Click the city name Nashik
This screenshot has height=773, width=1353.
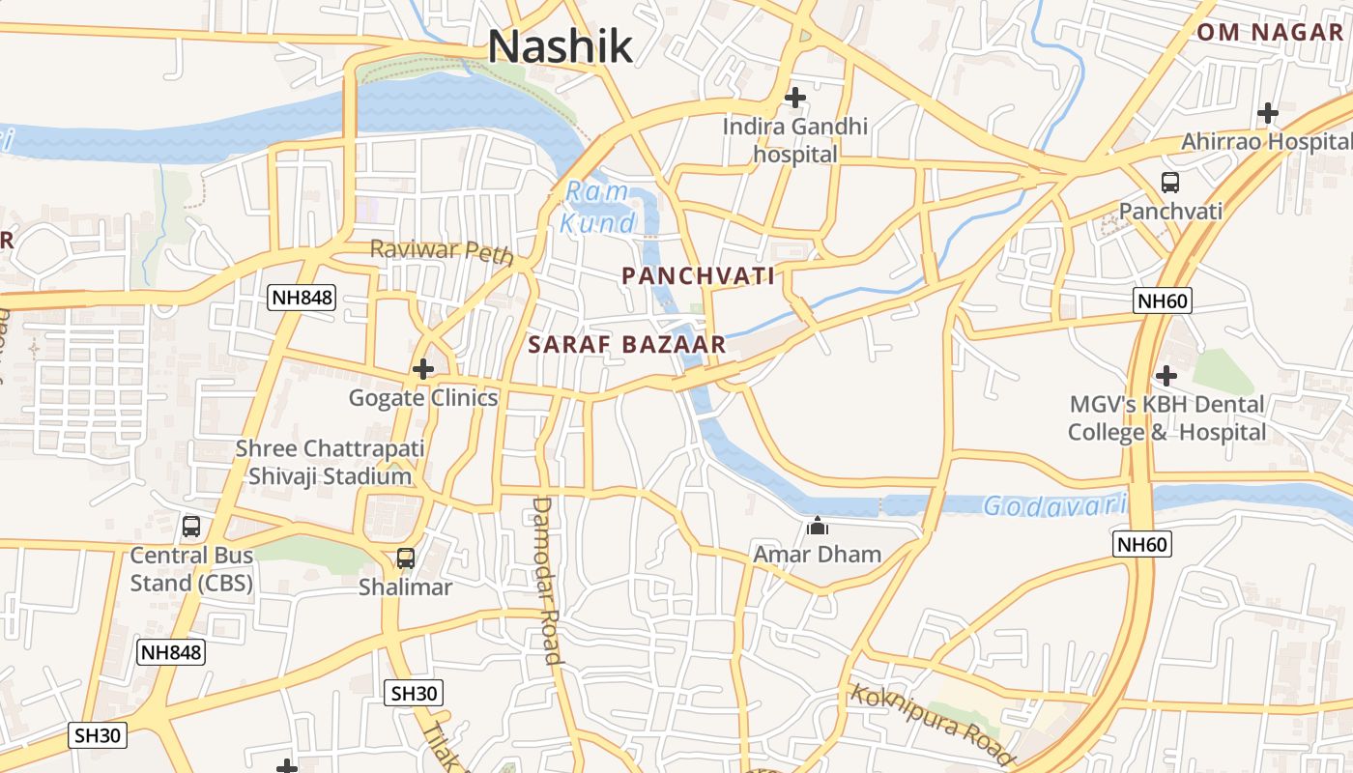tap(561, 46)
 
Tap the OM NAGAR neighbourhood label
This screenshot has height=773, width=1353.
tap(1270, 32)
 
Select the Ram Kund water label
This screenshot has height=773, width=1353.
tap(599, 208)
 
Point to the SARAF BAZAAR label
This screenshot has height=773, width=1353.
tap(626, 345)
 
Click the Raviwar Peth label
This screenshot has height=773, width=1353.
tap(441, 251)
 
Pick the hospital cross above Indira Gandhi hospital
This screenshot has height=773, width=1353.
tap(795, 98)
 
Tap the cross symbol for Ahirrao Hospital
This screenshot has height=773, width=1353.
tap(1268, 113)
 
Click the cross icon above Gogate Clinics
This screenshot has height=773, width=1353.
tap(422, 369)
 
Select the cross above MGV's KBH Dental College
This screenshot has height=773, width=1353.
tap(1166, 375)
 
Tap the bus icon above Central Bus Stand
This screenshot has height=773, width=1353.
tap(191, 527)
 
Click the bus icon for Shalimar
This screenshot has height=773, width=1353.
tap(406, 558)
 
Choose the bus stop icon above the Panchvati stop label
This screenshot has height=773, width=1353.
tap(1169, 182)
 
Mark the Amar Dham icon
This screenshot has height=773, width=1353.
tap(818, 527)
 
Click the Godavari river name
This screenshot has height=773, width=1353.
tap(1055, 505)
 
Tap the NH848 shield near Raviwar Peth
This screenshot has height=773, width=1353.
tap(302, 298)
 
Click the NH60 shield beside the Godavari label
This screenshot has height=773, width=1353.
tap(1142, 545)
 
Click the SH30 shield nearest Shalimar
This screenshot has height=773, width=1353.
tap(415, 693)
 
